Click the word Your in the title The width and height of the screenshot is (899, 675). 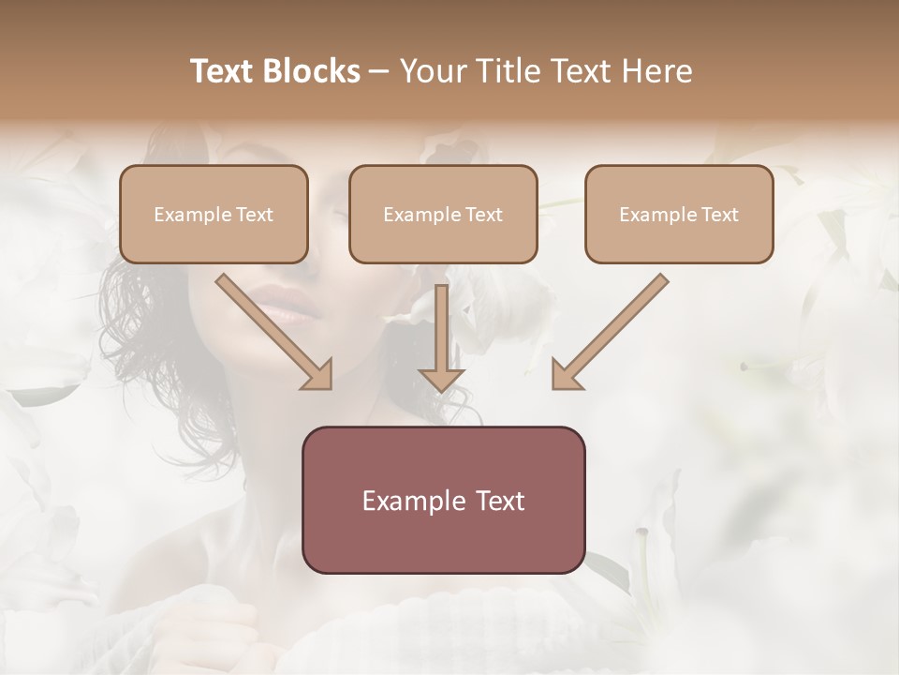tap(430, 71)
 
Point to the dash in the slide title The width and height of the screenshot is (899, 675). tap(379, 72)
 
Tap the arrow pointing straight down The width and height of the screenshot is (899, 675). tap(441, 333)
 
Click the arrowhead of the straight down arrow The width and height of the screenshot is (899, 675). tap(441, 379)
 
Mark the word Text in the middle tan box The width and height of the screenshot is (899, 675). tap(483, 215)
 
